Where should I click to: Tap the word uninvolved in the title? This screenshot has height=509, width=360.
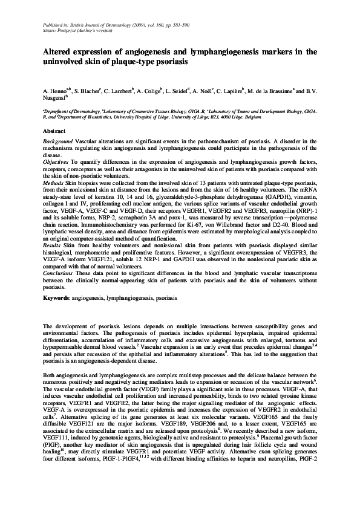coord(63,62)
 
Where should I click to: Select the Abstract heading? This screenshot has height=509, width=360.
coord(54,131)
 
